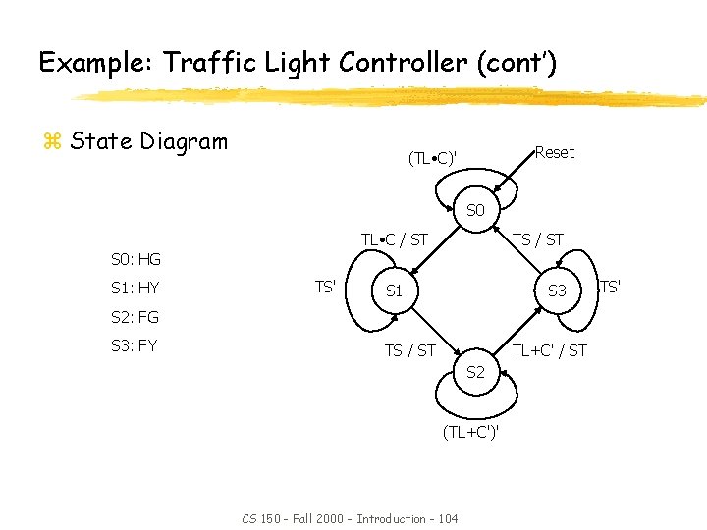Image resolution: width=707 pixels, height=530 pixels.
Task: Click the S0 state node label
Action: point(475,210)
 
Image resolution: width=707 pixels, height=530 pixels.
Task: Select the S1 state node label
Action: point(394,291)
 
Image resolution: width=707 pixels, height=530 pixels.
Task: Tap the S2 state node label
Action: point(475,372)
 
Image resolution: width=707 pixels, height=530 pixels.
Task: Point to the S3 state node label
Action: point(557,291)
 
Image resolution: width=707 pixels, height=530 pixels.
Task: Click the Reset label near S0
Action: point(555,152)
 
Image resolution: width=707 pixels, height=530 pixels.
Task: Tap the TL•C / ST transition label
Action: point(394,239)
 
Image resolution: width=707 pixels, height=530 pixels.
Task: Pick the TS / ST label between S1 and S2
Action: point(409,349)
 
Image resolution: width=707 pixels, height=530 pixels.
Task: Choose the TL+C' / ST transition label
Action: point(550,349)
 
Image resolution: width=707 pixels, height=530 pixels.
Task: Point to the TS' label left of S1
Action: point(326,288)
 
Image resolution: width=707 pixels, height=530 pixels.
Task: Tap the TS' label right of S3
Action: point(610,288)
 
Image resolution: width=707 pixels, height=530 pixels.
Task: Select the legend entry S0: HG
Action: point(136,260)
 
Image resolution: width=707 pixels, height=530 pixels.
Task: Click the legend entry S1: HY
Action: point(135,289)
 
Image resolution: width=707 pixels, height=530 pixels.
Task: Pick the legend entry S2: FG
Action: point(135,317)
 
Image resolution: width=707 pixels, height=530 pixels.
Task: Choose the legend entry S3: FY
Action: point(135,345)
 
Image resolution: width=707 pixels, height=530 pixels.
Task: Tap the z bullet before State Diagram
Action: point(52,142)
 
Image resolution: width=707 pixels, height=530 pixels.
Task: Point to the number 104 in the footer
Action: point(443,517)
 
